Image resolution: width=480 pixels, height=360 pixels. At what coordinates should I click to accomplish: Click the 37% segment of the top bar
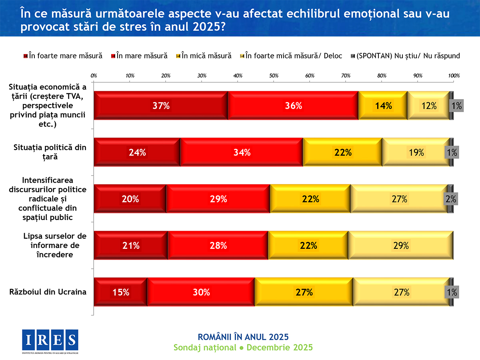coord(161,106)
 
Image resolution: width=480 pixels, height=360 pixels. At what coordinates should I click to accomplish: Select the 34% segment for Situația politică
coord(242,152)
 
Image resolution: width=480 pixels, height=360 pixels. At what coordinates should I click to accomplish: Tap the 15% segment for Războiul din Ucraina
coord(121,292)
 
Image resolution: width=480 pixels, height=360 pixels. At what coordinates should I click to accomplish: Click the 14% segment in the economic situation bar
coord(383,106)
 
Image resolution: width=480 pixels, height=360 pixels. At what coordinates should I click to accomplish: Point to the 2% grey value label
coord(451,199)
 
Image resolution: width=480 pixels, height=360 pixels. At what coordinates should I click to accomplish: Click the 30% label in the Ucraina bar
coord(201,292)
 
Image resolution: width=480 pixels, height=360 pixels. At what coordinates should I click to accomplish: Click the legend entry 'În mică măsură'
coord(206,56)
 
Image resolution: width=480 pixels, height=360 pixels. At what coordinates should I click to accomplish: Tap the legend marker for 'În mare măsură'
coord(114,56)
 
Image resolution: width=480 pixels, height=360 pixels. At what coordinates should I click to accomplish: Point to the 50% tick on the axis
coord(274,75)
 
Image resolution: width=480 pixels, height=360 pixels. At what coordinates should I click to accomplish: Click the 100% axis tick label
coord(454,75)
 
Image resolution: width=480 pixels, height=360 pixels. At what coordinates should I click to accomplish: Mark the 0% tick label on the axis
coord(94,75)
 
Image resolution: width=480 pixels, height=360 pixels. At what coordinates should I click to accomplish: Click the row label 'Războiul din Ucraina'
coord(48,292)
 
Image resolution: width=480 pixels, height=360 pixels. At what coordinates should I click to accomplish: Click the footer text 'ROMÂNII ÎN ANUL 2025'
coord(243,336)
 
